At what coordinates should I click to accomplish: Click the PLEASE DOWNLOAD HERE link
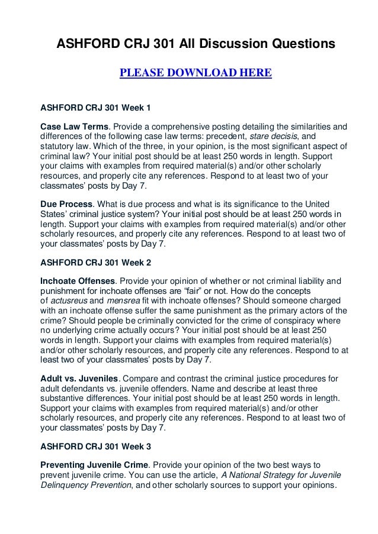[196, 74]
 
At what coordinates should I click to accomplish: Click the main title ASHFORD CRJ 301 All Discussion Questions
[196, 44]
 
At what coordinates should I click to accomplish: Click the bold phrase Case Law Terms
[75, 127]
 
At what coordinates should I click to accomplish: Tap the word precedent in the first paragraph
[223, 137]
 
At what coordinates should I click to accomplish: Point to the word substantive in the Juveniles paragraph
[68, 399]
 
